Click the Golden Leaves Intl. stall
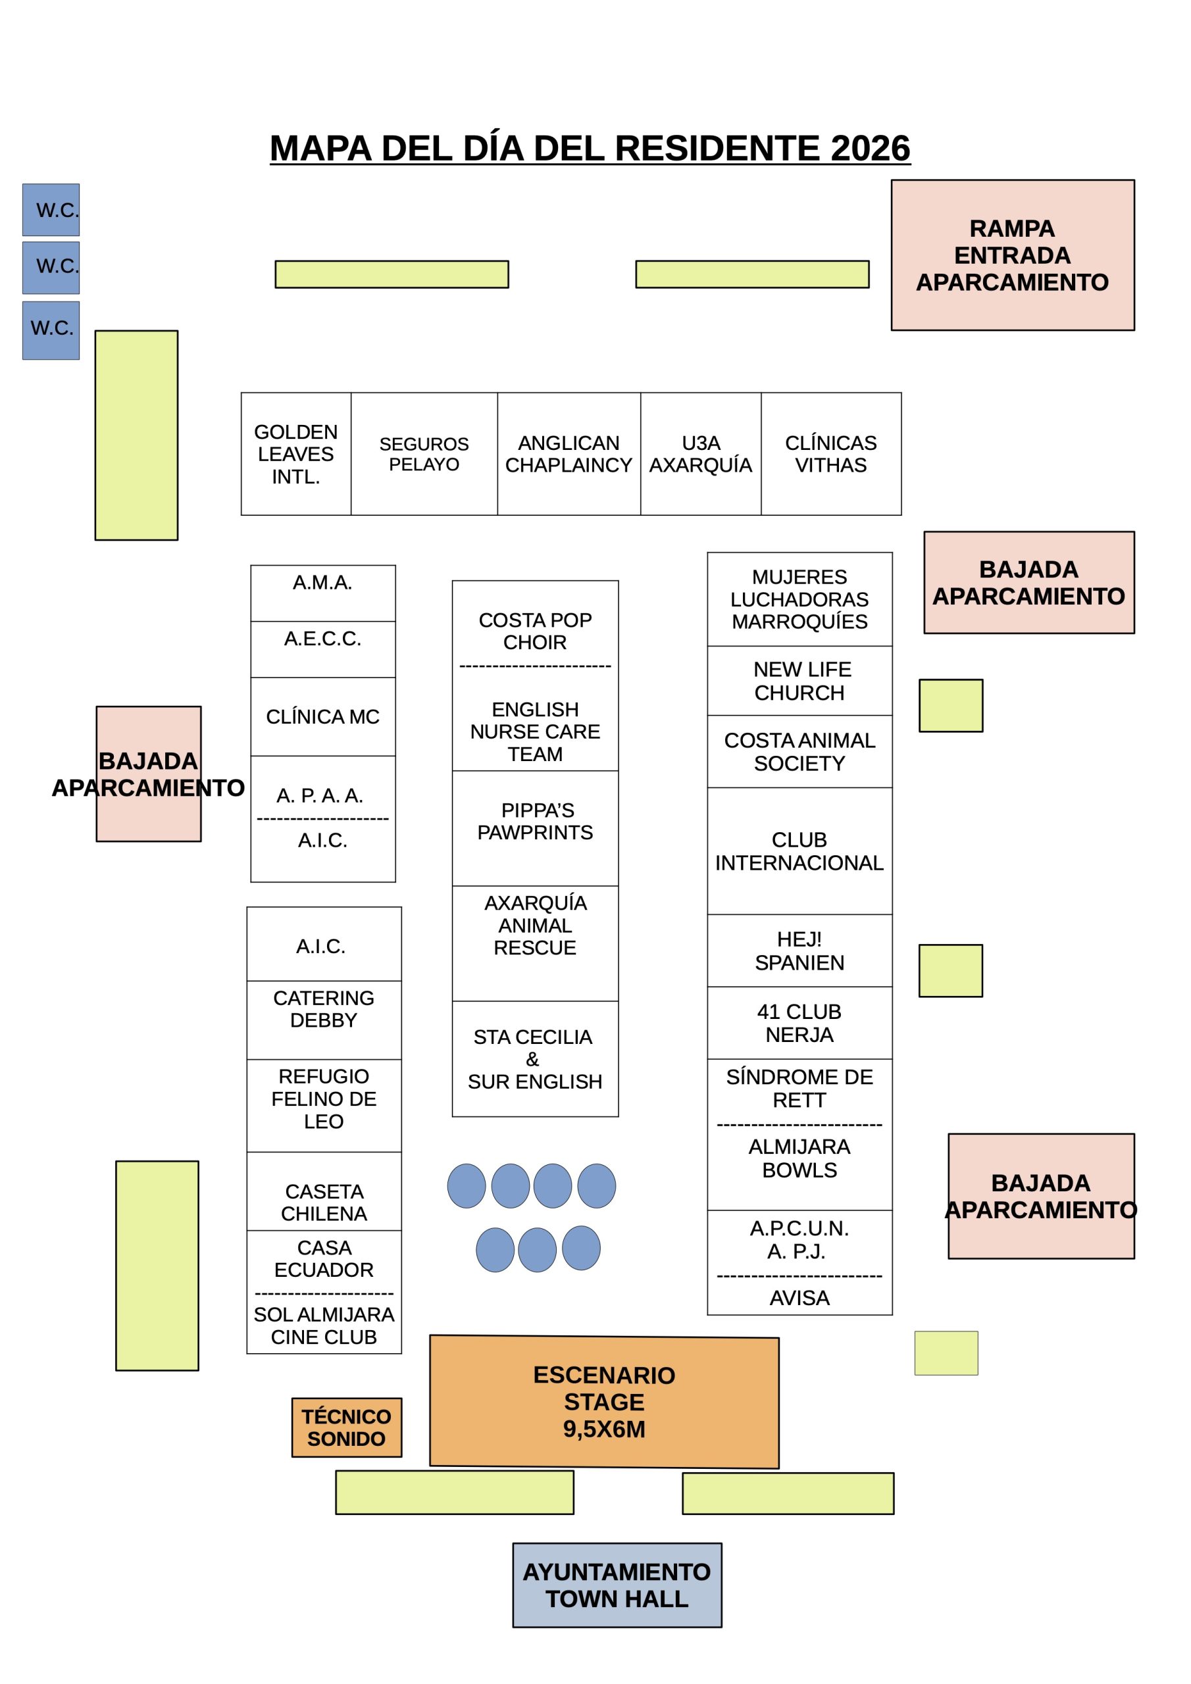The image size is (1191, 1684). pos(295,454)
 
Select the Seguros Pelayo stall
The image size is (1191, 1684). pos(424,454)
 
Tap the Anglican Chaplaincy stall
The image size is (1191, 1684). pos(569,454)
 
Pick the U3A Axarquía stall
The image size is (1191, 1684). pos(701,454)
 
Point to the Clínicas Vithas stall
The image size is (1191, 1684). pos(830,454)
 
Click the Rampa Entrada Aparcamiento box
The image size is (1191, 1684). pos(1012,255)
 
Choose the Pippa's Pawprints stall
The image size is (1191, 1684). pos(535,828)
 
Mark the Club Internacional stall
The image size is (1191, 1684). pos(799,851)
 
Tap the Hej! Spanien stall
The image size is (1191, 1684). pos(799,951)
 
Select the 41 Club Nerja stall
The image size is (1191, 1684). pos(799,1022)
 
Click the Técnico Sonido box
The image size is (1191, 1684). pos(346,1427)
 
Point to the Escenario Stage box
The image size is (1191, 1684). pos(604,1402)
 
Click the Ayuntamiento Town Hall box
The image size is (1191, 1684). pos(617,1585)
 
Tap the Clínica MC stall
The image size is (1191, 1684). pos(323,716)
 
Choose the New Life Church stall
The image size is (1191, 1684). pos(799,681)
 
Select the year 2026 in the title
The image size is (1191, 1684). pos(871,148)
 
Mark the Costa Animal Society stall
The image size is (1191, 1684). pos(799,752)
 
